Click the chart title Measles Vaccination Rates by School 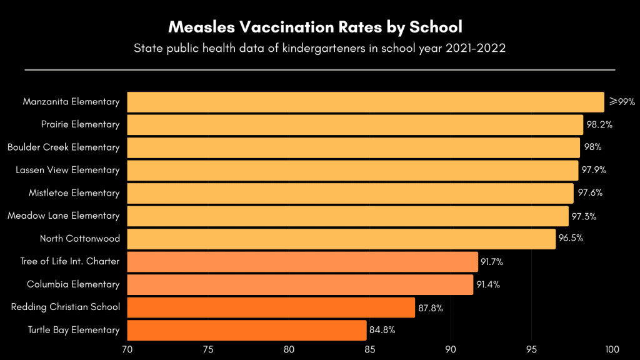tap(315, 27)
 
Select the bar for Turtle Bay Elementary tap(247, 330)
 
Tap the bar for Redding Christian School tap(271, 307)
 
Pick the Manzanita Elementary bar tap(366, 102)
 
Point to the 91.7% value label tap(492, 262)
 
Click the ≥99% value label tap(622, 102)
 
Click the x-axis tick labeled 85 tap(370, 349)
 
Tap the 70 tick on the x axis tap(127, 349)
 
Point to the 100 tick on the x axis tap(612, 349)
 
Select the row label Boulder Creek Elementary tap(63, 147)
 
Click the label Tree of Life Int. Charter tap(69, 261)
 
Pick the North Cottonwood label tap(79, 239)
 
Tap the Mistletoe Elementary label tap(74, 193)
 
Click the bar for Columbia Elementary tap(300, 284)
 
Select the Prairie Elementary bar tap(355, 124)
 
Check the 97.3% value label tap(582, 216)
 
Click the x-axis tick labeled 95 tap(531, 349)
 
